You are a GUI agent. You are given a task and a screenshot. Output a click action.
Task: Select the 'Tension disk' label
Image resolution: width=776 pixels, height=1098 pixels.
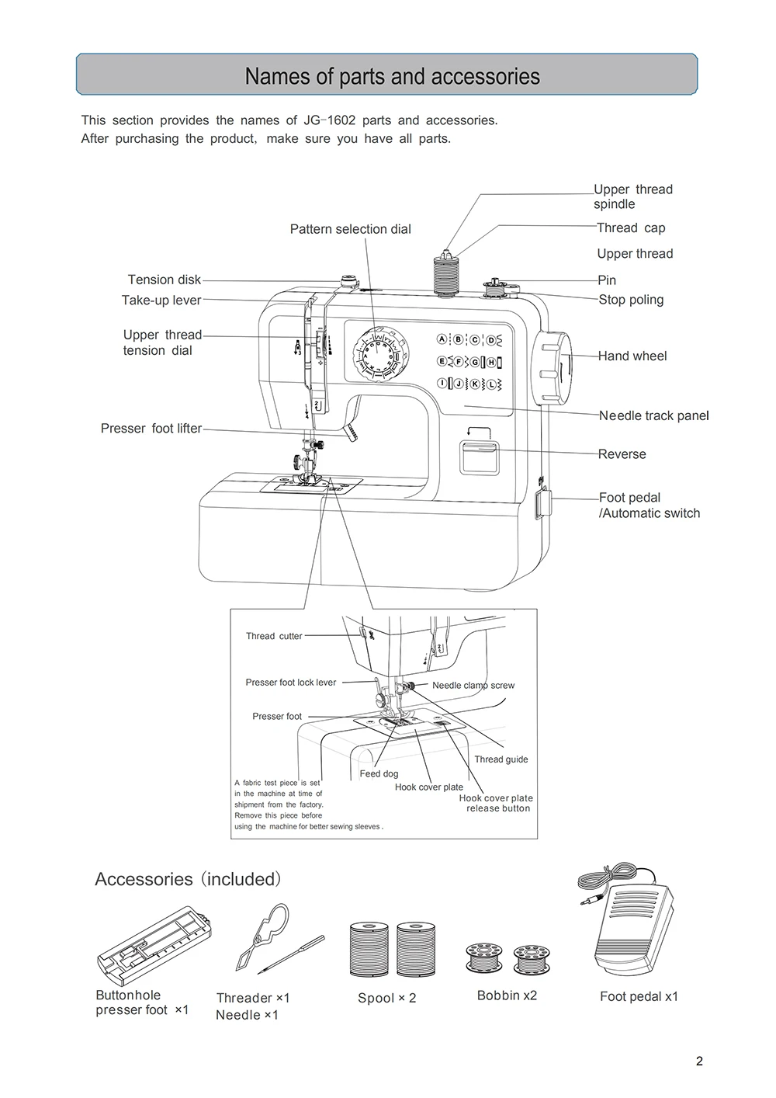[x=164, y=280]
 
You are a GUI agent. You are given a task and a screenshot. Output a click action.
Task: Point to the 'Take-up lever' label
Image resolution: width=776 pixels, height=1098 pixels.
[x=161, y=300]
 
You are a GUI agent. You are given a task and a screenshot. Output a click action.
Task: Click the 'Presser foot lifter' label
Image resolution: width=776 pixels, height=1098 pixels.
[x=151, y=428]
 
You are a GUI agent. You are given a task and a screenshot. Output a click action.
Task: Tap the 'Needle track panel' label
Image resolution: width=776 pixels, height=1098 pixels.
[x=653, y=415]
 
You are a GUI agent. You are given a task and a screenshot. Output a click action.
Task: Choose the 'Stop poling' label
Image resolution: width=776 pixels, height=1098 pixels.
[x=631, y=300]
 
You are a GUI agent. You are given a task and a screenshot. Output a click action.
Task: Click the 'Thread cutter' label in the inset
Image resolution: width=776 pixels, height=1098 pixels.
[x=274, y=636]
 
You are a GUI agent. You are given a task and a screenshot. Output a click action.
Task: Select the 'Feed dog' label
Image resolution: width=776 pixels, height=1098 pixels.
[x=379, y=773]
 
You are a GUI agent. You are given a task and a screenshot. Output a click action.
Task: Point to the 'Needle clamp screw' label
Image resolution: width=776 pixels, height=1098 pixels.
[x=473, y=685]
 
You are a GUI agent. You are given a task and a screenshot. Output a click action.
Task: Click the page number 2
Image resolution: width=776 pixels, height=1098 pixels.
[x=699, y=1062]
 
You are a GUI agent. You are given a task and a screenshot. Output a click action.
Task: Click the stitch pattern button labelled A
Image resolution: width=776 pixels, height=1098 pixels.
[x=442, y=339]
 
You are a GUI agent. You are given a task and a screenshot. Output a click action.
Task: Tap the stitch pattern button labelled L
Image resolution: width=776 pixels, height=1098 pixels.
[x=490, y=384]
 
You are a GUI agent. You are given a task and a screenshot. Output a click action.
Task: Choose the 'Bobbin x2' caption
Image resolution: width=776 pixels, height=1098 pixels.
[x=507, y=995]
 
